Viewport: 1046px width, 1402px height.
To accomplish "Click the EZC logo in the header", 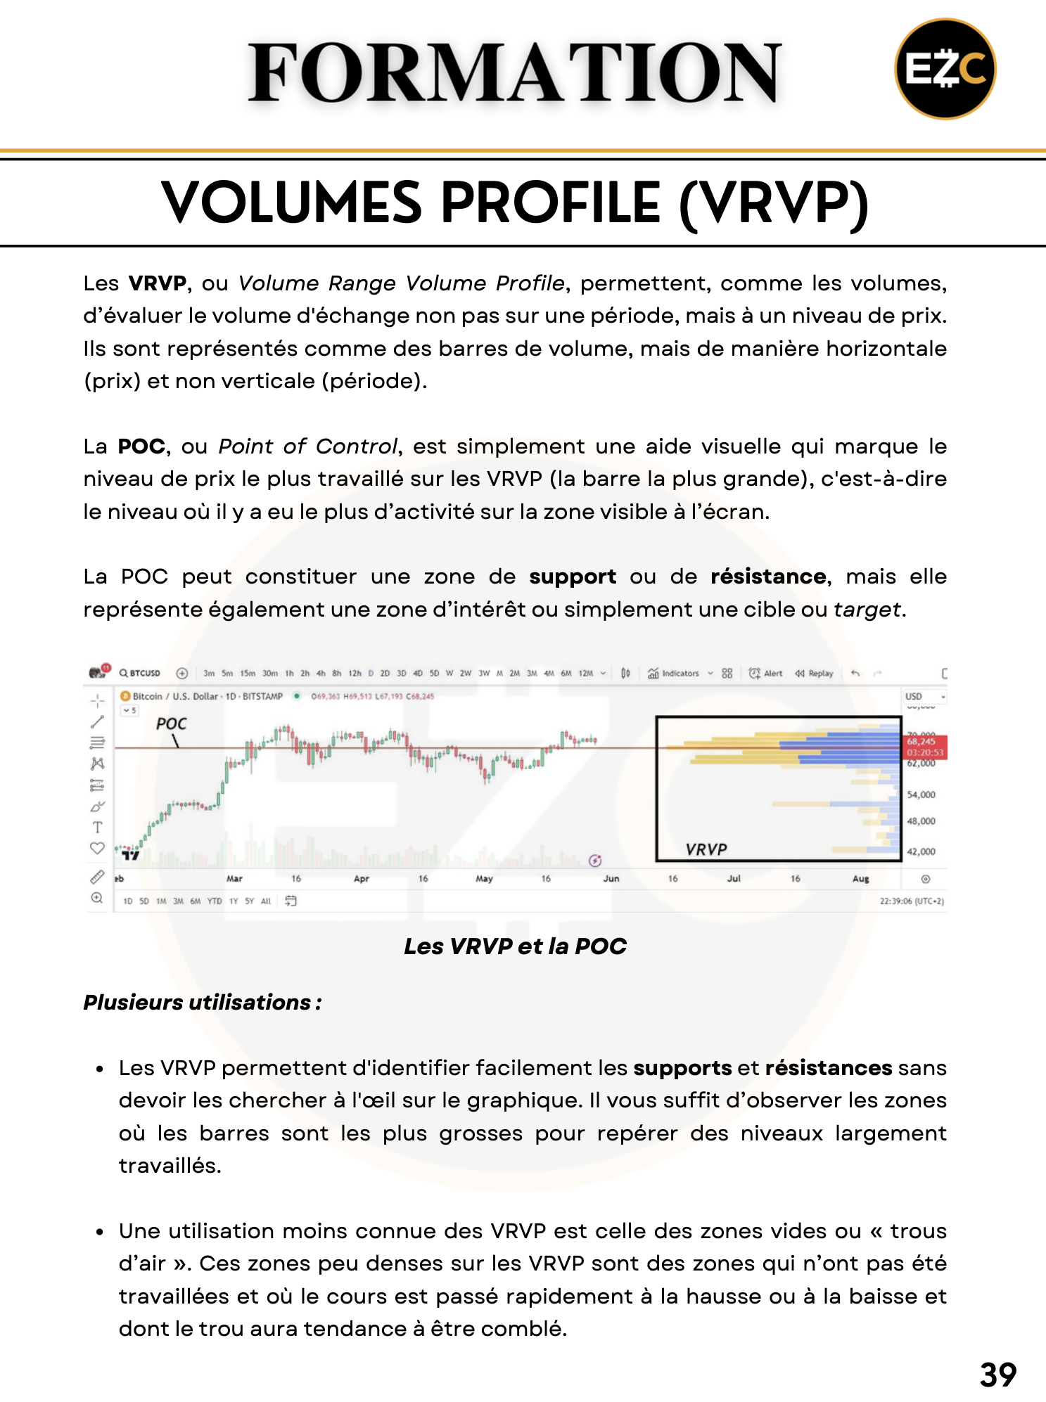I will point(945,69).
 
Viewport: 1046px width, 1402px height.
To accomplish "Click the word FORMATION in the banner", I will point(515,73).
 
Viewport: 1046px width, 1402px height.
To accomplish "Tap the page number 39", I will point(997,1375).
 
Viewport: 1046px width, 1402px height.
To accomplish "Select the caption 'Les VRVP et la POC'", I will point(515,946).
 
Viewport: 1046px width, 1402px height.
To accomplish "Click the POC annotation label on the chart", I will point(171,723).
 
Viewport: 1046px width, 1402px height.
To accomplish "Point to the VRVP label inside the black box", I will point(706,849).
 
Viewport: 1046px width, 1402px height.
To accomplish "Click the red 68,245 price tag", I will point(921,741).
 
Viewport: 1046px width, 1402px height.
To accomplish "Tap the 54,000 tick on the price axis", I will point(921,795).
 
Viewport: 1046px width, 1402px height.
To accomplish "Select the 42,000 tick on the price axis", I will point(921,851).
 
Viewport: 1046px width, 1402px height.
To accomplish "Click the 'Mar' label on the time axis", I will point(234,879).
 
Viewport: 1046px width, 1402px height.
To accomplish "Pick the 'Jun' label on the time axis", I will point(611,879).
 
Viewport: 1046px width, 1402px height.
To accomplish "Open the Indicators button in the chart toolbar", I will point(675,674).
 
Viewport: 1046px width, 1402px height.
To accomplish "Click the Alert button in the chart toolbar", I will point(767,674).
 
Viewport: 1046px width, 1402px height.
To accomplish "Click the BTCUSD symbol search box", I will point(141,674).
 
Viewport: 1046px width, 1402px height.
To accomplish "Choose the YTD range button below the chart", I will point(214,901).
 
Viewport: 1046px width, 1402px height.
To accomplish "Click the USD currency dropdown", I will point(924,696).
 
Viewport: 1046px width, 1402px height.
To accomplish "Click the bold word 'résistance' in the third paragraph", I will point(768,577).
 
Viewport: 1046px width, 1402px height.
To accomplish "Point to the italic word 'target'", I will point(867,610).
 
